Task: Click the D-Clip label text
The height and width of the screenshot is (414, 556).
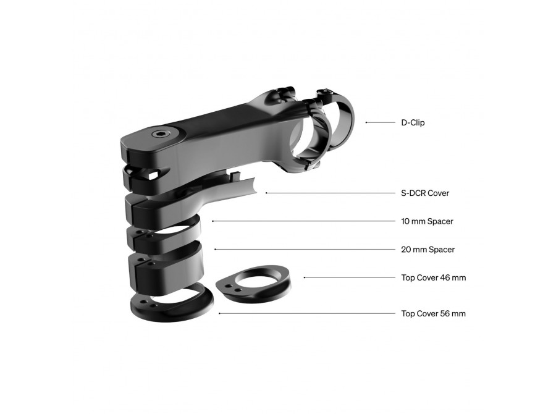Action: pos(413,123)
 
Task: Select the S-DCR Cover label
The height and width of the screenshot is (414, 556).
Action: pos(425,193)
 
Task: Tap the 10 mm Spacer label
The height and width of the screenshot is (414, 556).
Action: pos(428,221)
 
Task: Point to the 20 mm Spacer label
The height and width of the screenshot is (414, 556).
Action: pos(428,250)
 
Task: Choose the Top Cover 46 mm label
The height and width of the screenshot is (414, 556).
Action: pos(433,277)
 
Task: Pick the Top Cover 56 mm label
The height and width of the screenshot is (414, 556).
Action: pos(433,314)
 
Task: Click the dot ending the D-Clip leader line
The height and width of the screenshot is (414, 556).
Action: pos(366,122)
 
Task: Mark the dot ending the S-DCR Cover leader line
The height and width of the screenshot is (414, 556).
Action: pos(266,193)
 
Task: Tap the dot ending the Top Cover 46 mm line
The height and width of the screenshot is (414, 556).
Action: pos(305,277)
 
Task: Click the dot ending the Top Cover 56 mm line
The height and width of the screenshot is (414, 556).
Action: pos(220,314)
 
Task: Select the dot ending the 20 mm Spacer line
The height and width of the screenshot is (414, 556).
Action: pos(215,250)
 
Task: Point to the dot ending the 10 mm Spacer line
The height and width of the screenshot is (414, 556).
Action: pos(213,221)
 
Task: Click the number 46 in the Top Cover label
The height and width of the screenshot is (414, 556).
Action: pos(445,277)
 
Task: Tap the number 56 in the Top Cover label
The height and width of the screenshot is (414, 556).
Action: pos(445,314)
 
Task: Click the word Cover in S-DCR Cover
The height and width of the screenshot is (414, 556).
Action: pos(438,193)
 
